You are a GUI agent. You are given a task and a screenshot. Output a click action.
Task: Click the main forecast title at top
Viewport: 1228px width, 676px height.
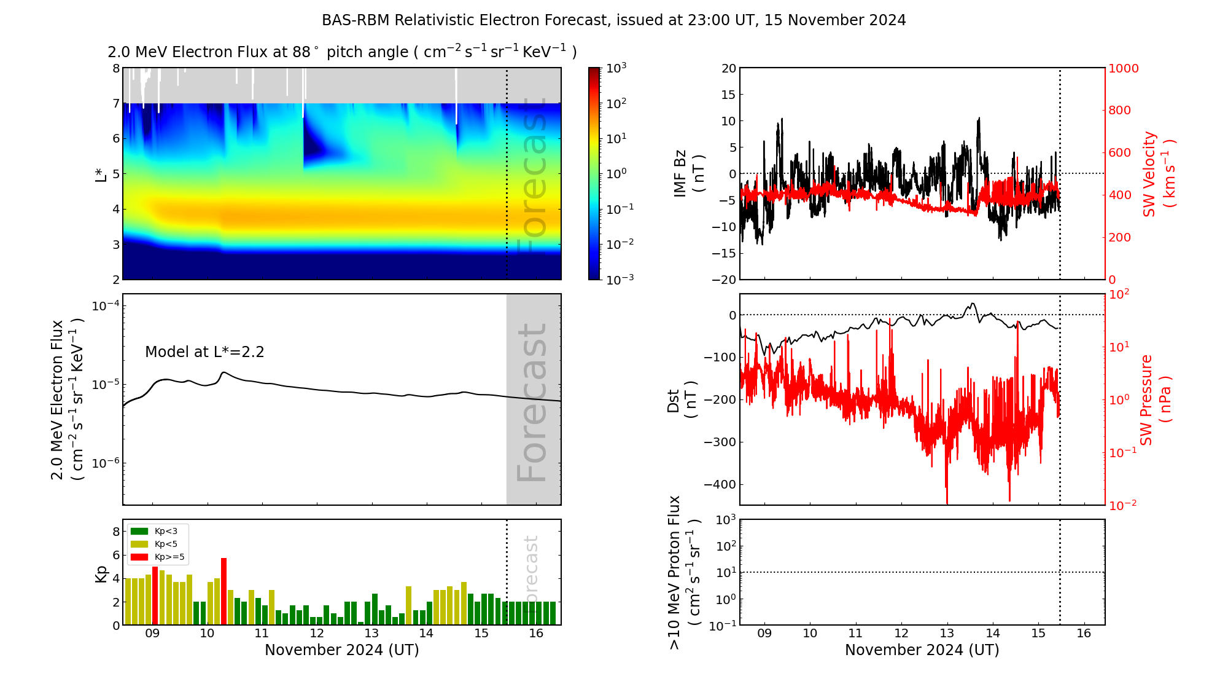click(x=613, y=20)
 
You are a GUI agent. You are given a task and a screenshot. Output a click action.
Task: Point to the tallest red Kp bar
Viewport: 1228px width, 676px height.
click(x=223, y=590)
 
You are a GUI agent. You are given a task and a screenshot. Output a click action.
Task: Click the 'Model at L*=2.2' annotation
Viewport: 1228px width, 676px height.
click(x=204, y=352)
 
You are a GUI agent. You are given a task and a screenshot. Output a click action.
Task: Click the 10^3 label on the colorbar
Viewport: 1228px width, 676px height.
click(x=616, y=68)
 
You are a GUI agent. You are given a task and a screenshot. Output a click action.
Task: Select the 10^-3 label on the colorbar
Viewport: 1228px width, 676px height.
click(x=620, y=279)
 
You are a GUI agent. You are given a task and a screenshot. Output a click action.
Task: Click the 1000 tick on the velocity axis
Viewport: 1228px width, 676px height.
click(x=1123, y=68)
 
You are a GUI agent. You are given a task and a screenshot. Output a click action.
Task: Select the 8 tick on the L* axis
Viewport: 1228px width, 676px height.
click(x=116, y=68)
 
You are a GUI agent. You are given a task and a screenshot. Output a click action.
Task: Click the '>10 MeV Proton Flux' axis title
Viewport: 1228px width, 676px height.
click(x=684, y=572)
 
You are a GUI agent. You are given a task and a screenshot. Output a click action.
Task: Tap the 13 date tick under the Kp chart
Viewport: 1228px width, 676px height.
click(x=371, y=634)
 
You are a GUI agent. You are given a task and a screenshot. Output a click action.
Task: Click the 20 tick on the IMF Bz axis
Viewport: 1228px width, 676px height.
click(x=728, y=68)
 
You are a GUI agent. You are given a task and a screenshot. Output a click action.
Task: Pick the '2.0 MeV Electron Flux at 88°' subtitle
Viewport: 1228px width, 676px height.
click(x=342, y=52)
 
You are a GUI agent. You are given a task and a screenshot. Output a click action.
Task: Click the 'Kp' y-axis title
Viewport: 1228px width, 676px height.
click(x=101, y=574)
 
